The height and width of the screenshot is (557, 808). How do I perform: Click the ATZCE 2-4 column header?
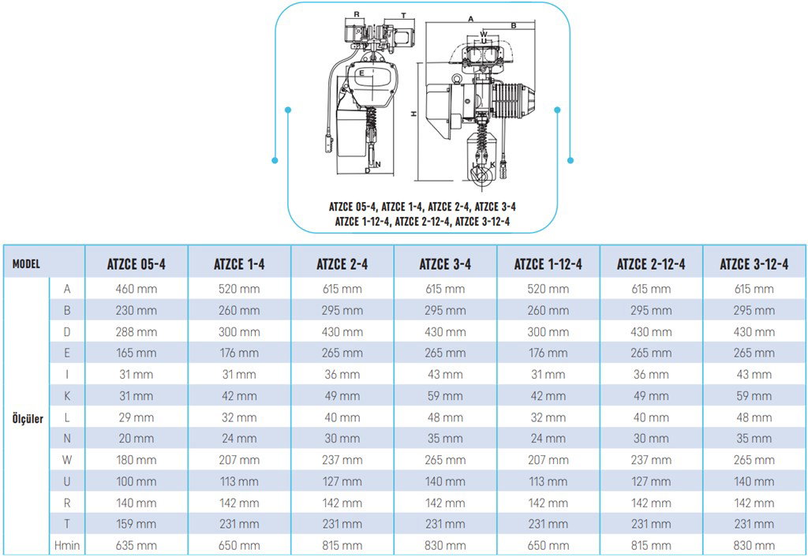pyautogui.click(x=342, y=264)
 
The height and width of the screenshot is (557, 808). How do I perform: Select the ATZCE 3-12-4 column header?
pyautogui.click(x=754, y=264)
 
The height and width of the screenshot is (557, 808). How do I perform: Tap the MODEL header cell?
pyautogui.click(x=26, y=264)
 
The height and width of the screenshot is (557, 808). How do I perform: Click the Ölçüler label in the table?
pyautogui.click(x=28, y=418)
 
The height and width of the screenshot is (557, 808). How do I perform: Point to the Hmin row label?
pyautogui.click(x=67, y=545)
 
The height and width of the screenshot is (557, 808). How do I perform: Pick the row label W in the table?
pyautogui.click(x=67, y=460)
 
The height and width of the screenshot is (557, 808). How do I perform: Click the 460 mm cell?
pyautogui.click(x=136, y=289)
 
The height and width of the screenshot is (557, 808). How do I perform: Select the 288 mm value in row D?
pyautogui.click(x=136, y=332)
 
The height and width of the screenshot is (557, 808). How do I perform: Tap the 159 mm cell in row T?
pyautogui.click(x=136, y=524)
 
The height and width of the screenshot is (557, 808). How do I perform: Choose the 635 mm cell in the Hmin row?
pyautogui.click(x=136, y=545)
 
